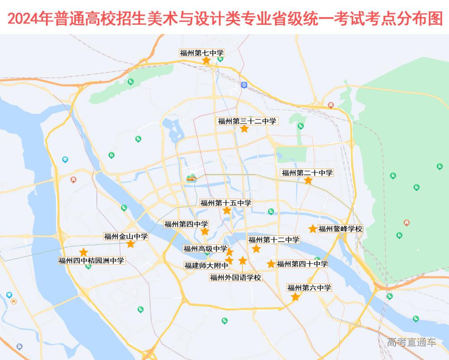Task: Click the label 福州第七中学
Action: pyautogui.click(x=202, y=53)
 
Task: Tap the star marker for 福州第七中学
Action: pyautogui.click(x=206, y=61)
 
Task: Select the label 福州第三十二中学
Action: pyautogui.click(x=247, y=121)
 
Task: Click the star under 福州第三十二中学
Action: pyautogui.click(x=244, y=129)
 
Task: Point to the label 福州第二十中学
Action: pyautogui.click(x=307, y=173)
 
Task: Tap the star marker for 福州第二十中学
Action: pyautogui.click(x=308, y=181)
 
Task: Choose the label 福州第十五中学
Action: pyautogui.click(x=226, y=203)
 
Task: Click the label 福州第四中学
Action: pyautogui.click(x=186, y=224)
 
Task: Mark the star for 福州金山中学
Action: pyautogui.click(x=130, y=244)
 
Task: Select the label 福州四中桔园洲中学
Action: pyautogui.click(x=91, y=261)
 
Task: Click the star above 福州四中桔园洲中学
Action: pyautogui.click(x=83, y=252)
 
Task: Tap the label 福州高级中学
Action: pyautogui.click(x=205, y=248)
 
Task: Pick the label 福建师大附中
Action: pyautogui.click(x=206, y=265)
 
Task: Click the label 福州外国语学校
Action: pyautogui.click(x=236, y=277)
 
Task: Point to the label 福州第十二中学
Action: pyautogui.click(x=273, y=239)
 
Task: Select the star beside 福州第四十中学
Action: pyautogui.click(x=271, y=264)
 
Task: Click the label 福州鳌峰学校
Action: pyautogui.click(x=340, y=229)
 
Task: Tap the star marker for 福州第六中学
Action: pyautogui.click(x=295, y=297)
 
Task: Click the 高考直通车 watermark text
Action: pyautogui.click(x=411, y=342)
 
